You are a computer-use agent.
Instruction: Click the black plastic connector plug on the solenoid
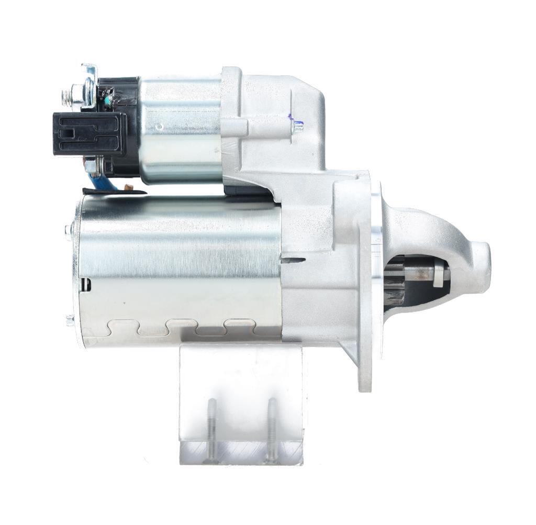(x=89, y=134)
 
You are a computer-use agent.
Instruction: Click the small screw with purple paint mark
(x=297, y=126)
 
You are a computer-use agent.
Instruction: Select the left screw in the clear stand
(x=211, y=430)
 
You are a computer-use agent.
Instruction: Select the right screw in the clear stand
(x=271, y=429)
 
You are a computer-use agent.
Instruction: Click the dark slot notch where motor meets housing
(x=293, y=260)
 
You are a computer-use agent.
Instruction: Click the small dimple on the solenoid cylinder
(x=161, y=127)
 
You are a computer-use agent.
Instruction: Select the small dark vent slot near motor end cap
(x=86, y=284)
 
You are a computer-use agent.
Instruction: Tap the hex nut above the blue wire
(x=91, y=166)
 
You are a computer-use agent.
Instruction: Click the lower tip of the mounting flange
(x=365, y=385)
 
